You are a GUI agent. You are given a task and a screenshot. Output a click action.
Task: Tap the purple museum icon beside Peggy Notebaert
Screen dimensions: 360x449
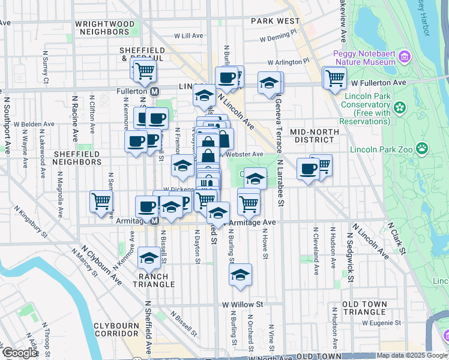pos(404,58)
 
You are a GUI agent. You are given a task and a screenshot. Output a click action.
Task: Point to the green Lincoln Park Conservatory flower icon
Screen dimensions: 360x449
pos(399,109)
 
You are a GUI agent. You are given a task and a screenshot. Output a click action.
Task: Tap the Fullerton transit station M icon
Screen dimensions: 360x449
pos(154,91)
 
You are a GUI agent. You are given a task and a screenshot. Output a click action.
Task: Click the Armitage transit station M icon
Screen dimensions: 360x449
pos(154,221)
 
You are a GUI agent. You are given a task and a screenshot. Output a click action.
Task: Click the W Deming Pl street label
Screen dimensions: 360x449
pos(279,39)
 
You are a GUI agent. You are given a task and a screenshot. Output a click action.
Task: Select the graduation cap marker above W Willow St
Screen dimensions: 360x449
pos(240,275)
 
